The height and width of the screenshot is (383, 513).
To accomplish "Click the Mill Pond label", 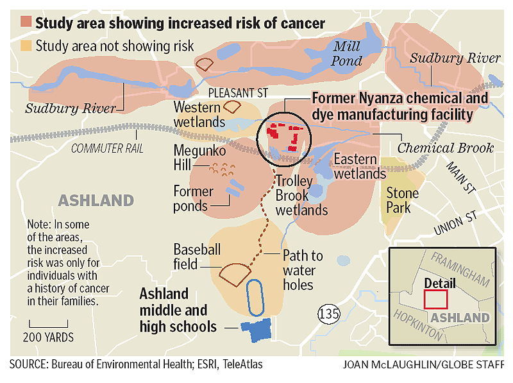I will click(x=346, y=53).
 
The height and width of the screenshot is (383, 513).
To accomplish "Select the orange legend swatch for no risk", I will click(x=26, y=46).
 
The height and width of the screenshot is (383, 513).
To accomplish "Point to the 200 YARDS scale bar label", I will click(x=49, y=337).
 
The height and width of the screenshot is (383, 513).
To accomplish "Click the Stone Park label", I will click(x=402, y=200).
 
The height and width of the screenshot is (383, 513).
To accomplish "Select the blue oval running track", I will click(x=255, y=298).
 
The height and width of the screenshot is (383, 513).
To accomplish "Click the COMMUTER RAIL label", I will click(x=107, y=149).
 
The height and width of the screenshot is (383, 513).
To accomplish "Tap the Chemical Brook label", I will click(x=446, y=148).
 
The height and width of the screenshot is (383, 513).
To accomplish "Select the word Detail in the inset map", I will click(x=440, y=283).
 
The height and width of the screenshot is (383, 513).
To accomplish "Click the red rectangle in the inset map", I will click(x=435, y=298).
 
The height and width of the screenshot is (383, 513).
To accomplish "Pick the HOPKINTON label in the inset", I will click(x=417, y=324).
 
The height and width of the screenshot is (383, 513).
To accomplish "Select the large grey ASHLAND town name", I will click(x=96, y=200).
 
